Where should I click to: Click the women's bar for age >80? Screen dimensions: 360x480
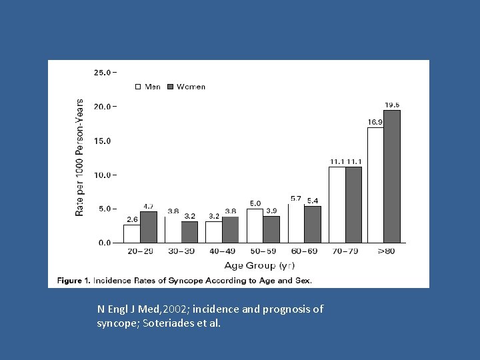[x=392, y=177]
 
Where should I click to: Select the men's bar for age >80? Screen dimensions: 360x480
[x=375, y=185]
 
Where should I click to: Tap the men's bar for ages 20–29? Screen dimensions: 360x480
[x=131, y=234]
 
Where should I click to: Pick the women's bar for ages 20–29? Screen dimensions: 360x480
[x=148, y=227]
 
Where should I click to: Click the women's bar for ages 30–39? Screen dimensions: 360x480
[x=189, y=232]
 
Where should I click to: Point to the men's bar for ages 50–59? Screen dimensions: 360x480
[x=255, y=226]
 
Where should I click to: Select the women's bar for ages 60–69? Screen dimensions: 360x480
[x=313, y=225]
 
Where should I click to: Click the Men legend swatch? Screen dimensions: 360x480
[x=139, y=87]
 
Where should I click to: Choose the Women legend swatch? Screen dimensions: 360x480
[x=171, y=87]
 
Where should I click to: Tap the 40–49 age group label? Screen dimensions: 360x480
[x=222, y=251]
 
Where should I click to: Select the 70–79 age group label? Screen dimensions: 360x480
[x=345, y=251]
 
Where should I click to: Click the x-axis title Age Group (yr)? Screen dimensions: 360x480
[x=259, y=265]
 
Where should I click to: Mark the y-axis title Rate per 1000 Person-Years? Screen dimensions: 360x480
[x=80, y=157]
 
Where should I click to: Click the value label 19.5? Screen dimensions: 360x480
[x=392, y=105]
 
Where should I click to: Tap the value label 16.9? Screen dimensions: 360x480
[x=375, y=122]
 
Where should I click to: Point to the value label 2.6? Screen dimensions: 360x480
[x=132, y=219]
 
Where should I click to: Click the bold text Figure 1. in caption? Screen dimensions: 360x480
[x=73, y=281]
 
